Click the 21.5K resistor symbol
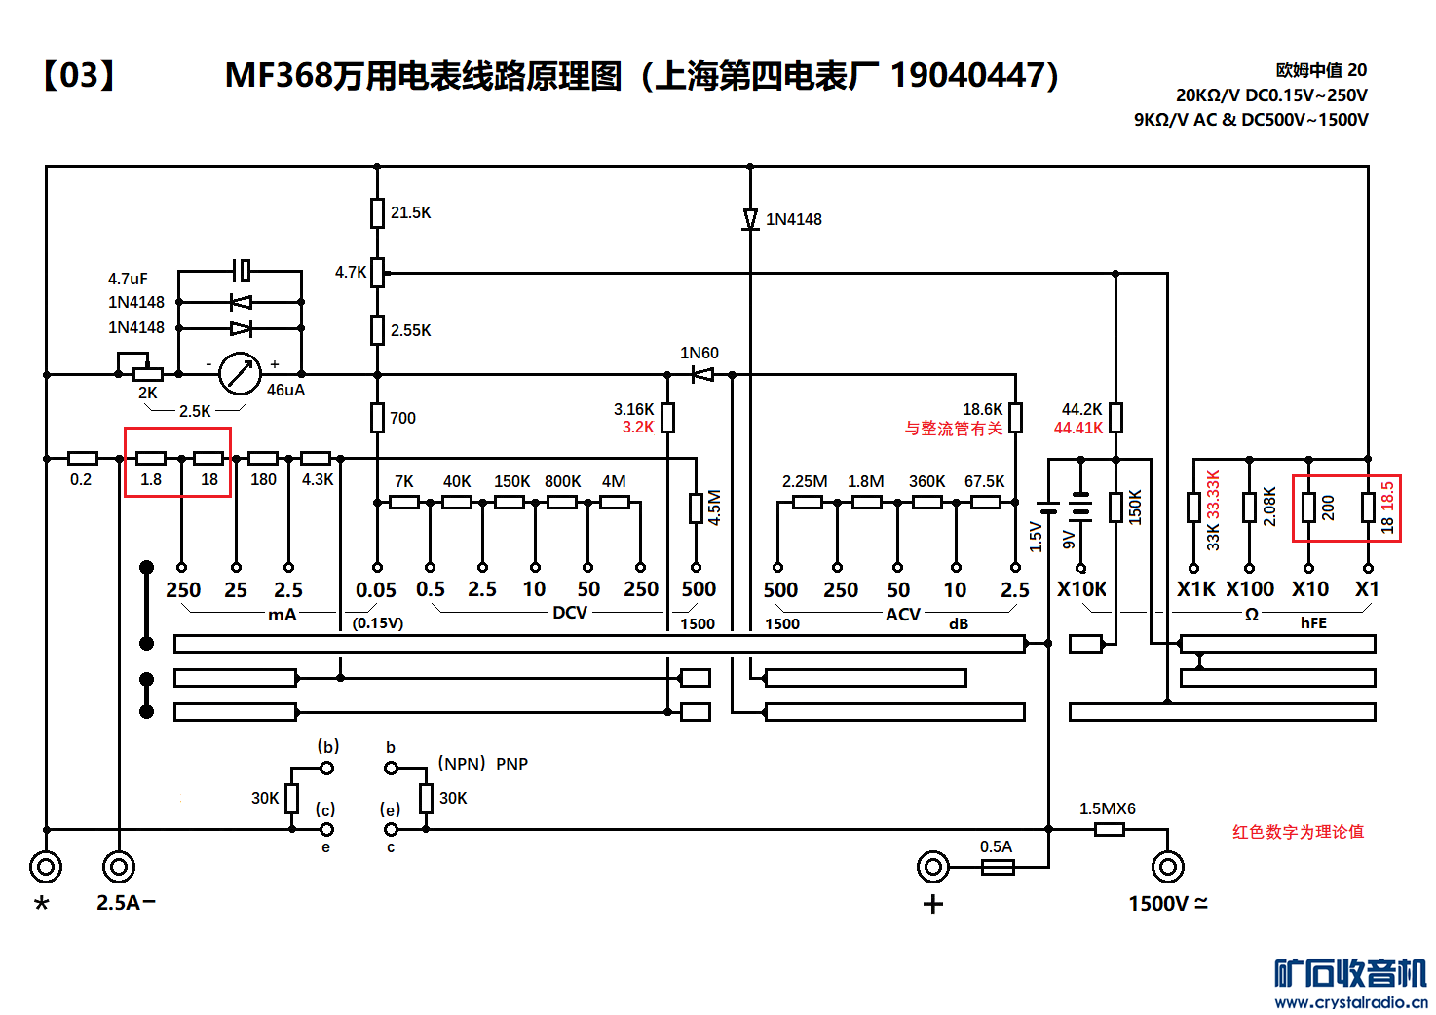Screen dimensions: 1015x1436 377,212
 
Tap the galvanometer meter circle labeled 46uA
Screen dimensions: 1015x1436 240,373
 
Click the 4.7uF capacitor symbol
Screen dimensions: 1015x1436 243,270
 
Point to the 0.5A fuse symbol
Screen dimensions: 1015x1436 997,867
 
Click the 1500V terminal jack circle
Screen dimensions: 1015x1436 1167,866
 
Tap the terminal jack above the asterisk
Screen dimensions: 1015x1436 46,866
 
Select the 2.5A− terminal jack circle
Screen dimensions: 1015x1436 119,866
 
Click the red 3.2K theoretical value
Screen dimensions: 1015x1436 638,428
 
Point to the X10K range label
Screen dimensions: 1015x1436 1081,589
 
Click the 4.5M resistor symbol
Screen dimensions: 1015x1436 696,507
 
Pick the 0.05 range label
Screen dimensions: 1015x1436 376,590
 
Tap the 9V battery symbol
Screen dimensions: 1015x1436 1080,507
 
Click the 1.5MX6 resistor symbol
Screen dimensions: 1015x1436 1109,830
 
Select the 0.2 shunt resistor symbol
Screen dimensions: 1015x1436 83,458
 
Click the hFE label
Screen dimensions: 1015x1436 1312,623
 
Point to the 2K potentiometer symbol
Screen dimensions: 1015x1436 147,374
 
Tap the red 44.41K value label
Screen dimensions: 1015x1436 1078,428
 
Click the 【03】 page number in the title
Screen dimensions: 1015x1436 78,75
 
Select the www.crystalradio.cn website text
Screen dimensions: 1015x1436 1350,1002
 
